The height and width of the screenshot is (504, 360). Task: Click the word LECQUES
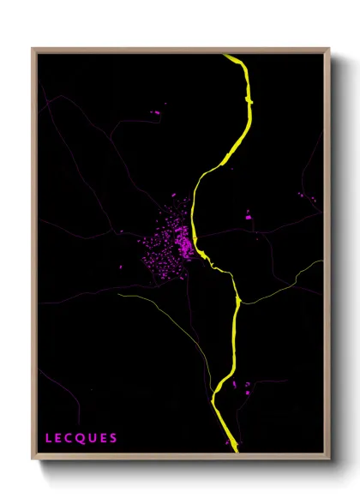81,438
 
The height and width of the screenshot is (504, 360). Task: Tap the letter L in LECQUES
48,438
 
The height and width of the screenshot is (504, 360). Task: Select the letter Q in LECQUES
81,438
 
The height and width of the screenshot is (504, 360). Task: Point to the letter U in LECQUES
92,438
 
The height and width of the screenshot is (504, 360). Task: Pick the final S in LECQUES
113,438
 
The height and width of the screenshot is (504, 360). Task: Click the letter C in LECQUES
69,438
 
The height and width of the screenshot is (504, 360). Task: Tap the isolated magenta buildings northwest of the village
156,111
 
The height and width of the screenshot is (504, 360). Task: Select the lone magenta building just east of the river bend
249,218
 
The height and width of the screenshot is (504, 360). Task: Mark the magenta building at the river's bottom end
228,442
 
